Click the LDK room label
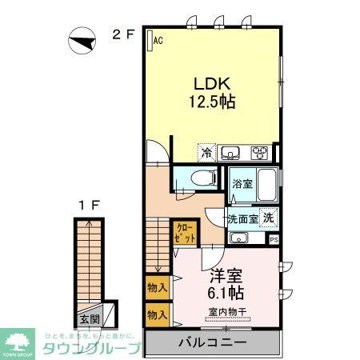coord(212,82)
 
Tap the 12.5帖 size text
coord(212,102)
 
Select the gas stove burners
coord(261,152)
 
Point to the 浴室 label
coord(242,184)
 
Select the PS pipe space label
coord(274,239)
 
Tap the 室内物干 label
coord(227,310)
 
